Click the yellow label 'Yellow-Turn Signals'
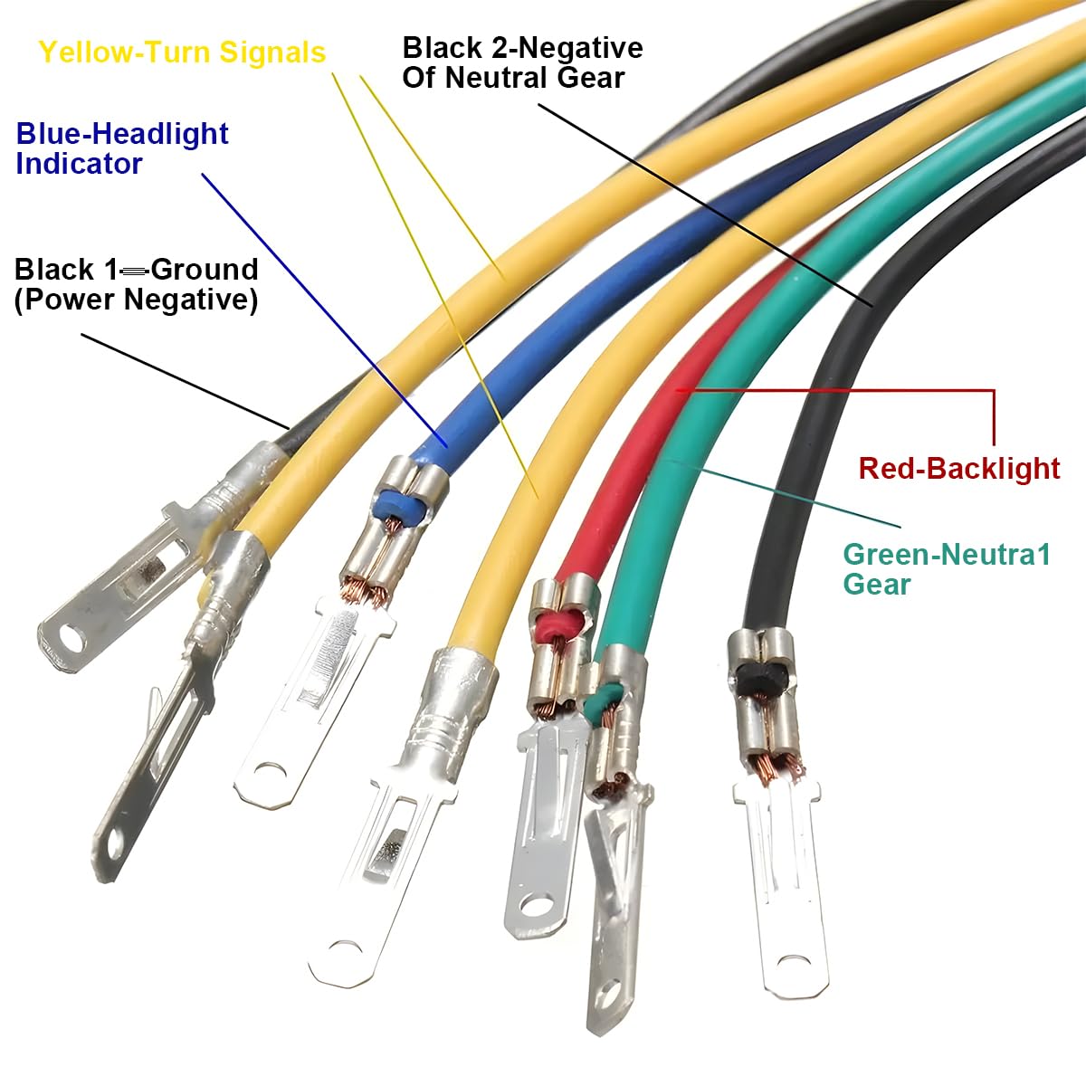182,52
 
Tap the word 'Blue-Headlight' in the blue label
122,134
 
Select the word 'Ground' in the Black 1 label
205,270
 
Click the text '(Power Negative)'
136,300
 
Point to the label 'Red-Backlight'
959,469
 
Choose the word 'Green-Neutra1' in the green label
947,555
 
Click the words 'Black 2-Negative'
522,48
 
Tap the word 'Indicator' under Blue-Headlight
79,164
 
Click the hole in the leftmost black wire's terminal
71,638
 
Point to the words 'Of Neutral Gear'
513,78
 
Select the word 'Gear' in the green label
877,585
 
